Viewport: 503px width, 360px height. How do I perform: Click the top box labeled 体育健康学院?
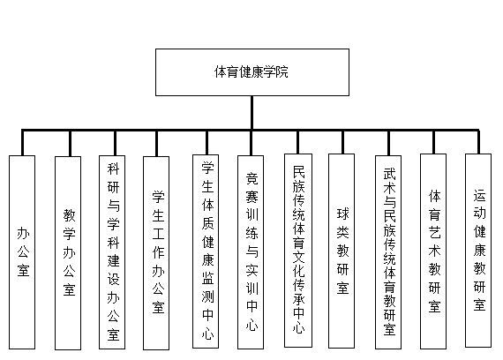click(x=252, y=72)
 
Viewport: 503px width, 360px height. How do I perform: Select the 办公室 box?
click(x=22, y=252)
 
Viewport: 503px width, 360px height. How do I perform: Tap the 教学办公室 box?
click(x=68, y=253)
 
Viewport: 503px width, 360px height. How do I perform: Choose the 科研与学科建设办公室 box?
click(x=112, y=252)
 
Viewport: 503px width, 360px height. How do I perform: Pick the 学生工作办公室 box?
click(x=156, y=253)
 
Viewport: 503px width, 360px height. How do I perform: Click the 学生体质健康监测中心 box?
click(x=206, y=251)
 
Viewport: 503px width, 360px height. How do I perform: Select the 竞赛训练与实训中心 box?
click(x=251, y=252)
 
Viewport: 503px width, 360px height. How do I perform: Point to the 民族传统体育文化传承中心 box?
click(x=298, y=251)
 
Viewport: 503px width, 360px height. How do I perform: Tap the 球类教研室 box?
click(x=342, y=251)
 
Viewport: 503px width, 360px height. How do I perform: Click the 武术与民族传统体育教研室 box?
click(x=388, y=252)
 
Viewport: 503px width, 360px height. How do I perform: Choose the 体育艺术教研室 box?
click(x=433, y=251)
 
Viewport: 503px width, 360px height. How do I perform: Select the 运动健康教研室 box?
click(x=478, y=251)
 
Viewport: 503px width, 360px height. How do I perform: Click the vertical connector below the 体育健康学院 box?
click(x=251, y=113)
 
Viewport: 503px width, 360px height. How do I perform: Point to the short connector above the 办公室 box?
click(x=22, y=143)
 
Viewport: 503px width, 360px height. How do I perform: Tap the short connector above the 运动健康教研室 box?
click(x=478, y=142)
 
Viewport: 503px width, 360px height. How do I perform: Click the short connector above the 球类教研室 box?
click(x=342, y=142)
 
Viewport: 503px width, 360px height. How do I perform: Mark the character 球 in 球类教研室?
click(x=342, y=214)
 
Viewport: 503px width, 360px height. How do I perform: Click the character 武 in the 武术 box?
click(x=389, y=175)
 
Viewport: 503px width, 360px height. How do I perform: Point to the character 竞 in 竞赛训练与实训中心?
click(x=251, y=179)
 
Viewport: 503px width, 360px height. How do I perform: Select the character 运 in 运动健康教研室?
click(x=479, y=196)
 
